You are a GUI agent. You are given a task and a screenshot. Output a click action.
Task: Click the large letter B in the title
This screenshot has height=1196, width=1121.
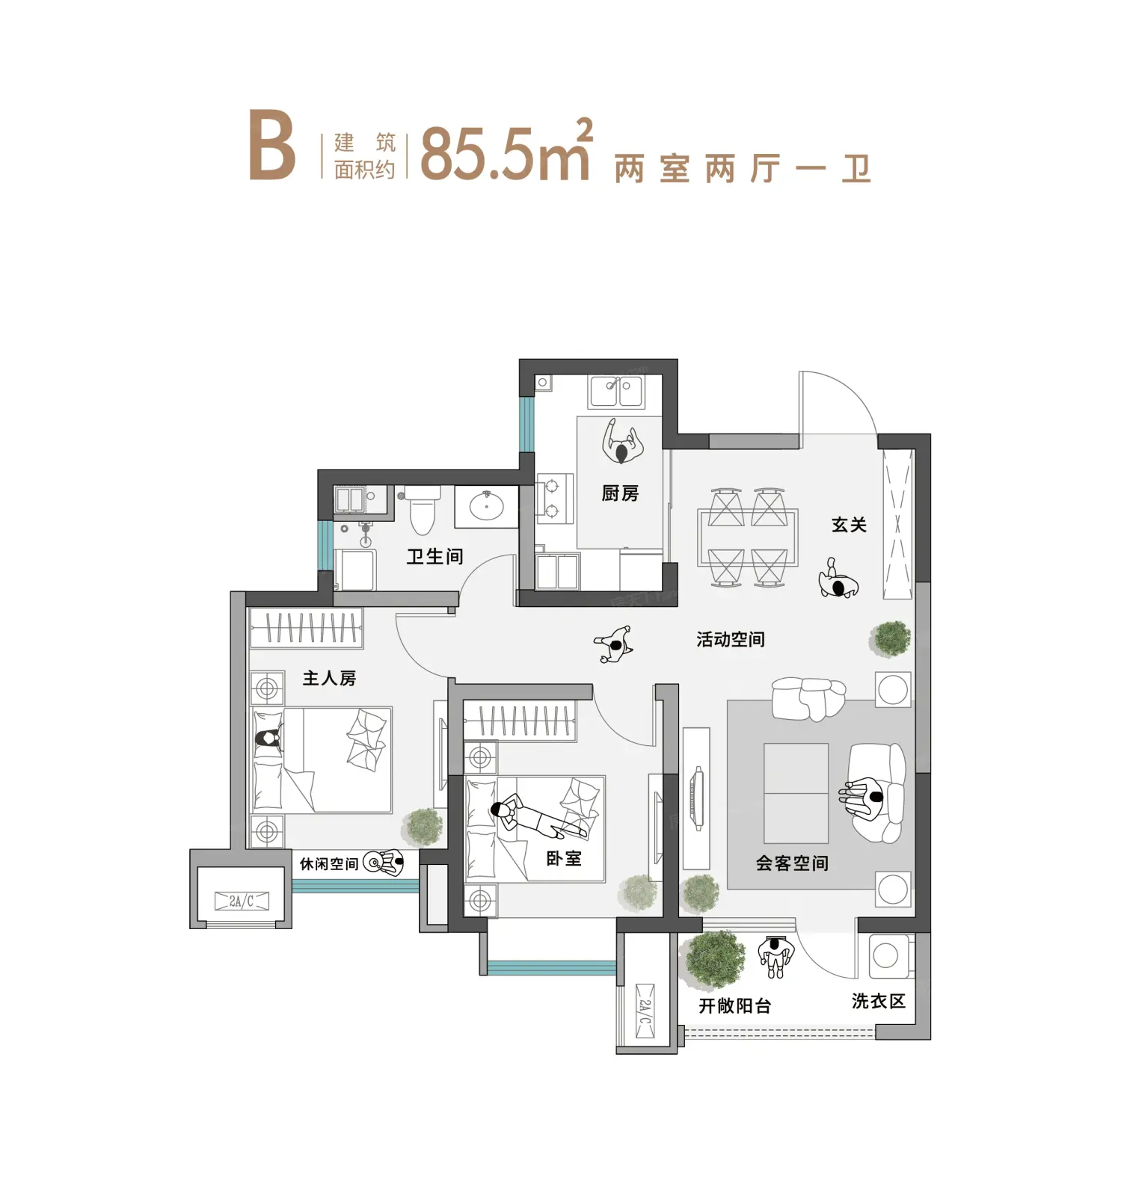(271, 146)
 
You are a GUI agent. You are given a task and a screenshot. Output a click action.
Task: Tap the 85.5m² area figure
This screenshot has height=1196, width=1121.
(507, 149)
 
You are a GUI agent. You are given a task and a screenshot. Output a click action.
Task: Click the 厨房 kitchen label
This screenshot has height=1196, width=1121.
(620, 493)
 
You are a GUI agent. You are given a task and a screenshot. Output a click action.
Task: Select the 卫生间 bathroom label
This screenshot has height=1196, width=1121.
(434, 556)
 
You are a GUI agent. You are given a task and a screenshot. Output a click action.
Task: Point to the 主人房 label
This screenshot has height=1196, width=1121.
(329, 678)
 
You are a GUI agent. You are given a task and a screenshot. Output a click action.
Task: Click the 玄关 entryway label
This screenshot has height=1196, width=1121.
(849, 525)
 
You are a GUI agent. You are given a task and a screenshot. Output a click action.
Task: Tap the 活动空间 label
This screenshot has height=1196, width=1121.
(731, 639)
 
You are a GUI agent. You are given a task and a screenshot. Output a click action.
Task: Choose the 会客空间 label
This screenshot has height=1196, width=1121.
(792, 863)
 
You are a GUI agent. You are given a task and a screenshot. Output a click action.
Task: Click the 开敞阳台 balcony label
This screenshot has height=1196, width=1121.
(735, 1006)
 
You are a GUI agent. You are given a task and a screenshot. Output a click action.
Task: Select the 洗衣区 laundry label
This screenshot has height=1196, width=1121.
(879, 1001)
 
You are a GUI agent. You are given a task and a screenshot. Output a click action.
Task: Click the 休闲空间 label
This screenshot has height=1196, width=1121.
(329, 864)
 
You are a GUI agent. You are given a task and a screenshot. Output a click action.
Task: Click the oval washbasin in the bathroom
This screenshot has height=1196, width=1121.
(486, 507)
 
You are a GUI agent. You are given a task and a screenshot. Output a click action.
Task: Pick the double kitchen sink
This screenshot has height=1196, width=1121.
(617, 391)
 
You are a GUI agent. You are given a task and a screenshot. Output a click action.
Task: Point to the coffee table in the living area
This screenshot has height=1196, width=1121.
(796, 793)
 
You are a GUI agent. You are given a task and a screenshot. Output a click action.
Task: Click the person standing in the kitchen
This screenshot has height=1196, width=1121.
(622, 443)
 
